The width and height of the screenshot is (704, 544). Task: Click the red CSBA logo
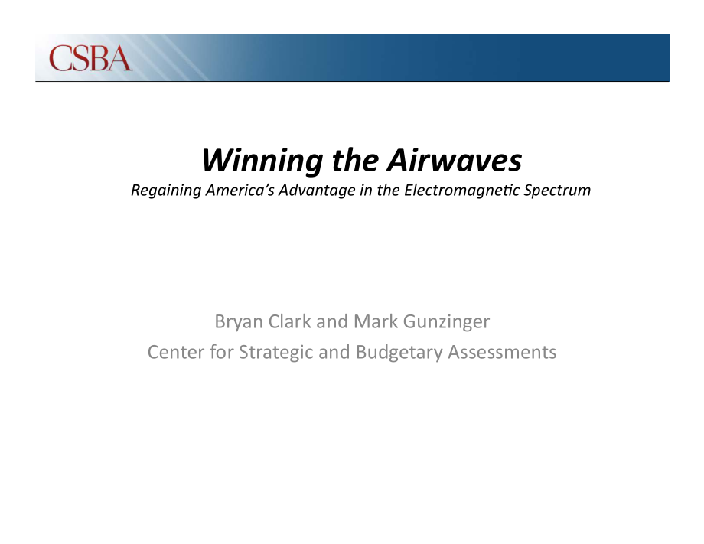point(91,58)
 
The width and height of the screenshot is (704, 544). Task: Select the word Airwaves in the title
point(455,160)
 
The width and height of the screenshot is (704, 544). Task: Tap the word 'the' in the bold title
point(355,160)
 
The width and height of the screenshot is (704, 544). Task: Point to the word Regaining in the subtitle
point(166,191)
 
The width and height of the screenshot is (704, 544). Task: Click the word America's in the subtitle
point(240,190)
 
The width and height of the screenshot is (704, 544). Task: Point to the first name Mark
point(376,321)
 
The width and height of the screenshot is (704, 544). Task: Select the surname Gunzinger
point(446,322)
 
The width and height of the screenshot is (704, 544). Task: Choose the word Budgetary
point(399,353)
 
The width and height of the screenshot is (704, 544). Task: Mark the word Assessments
point(502,353)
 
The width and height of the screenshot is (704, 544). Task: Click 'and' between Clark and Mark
point(332,321)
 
